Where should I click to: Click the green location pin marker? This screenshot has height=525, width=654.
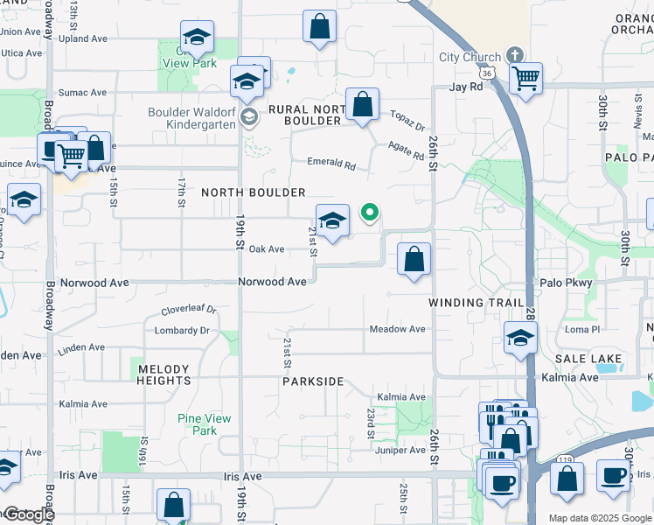click(x=370, y=213)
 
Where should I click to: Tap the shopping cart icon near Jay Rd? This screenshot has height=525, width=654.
click(x=525, y=78)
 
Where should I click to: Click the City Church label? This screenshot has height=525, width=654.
click(x=470, y=58)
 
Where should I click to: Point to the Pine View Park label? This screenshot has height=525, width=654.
click(x=204, y=424)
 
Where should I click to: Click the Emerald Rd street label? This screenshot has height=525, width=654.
click(x=331, y=163)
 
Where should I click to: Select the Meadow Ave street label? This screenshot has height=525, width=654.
click(x=397, y=329)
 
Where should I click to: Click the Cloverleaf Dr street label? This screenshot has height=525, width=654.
click(x=189, y=311)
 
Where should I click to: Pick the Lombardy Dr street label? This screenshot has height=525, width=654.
click(x=182, y=331)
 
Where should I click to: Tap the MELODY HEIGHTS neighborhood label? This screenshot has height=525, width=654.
click(x=163, y=374)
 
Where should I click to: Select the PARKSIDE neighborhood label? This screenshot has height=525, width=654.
click(x=313, y=382)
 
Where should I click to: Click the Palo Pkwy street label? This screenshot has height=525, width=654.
click(x=566, y=283)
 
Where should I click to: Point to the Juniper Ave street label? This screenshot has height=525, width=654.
click(x=400, y=451)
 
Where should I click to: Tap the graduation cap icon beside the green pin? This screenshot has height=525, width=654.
click(x=332, y=221)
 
